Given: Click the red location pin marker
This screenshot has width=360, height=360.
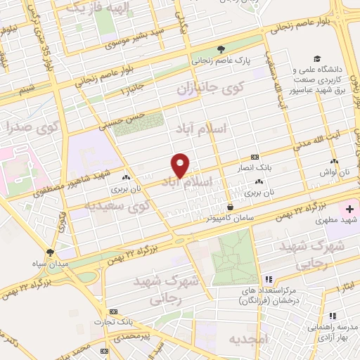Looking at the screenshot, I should coord(181,165).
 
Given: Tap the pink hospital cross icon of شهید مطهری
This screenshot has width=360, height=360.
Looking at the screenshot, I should coord(349,209).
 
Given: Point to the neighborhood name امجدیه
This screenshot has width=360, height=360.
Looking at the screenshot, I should coord(247,340).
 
